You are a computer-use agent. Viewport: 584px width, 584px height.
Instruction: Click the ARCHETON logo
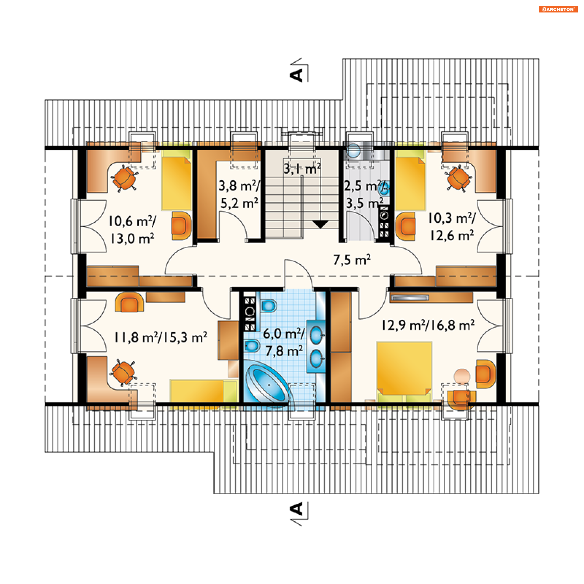558,9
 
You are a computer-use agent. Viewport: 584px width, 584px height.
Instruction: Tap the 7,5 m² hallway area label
352,260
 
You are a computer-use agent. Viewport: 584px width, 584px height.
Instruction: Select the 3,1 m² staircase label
302,169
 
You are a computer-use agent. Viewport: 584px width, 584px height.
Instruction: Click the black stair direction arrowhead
320,224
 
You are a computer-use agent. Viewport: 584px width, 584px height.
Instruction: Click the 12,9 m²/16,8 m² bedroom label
428,325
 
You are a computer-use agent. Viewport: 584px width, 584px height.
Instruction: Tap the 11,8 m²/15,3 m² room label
161,337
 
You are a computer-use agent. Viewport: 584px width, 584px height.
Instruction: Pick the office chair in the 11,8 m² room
123,373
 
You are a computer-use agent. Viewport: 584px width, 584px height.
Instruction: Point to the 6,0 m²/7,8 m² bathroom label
284,342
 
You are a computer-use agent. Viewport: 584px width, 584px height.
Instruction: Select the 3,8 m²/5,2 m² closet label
239,194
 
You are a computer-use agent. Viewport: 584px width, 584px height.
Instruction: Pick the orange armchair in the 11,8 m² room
129,302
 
